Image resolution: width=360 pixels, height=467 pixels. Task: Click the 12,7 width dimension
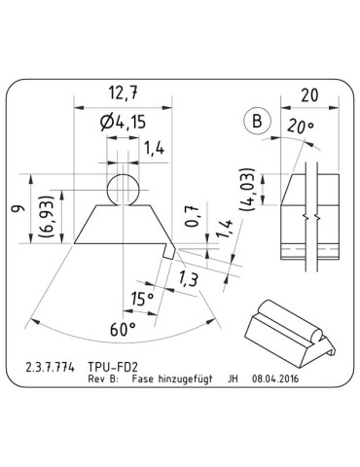120,94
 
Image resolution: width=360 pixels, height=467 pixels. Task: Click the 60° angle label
122,330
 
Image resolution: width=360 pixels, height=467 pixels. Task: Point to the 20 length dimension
310,95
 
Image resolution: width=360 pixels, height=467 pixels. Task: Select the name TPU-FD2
124,371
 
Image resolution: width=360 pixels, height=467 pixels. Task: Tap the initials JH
233,382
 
